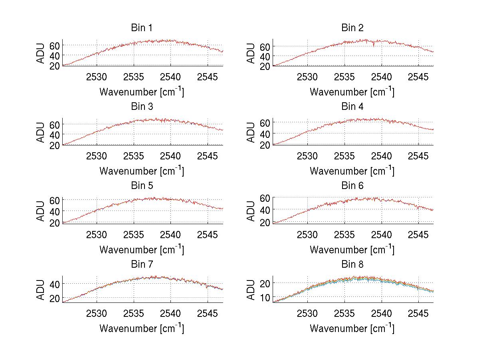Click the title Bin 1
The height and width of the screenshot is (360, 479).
(142, 28)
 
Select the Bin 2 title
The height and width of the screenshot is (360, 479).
(352, 28)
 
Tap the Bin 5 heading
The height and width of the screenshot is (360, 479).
(142, 186)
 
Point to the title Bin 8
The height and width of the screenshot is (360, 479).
(352, 265)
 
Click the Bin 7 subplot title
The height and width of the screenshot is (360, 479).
(142, 265)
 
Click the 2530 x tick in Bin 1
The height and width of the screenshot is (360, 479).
(97, 77)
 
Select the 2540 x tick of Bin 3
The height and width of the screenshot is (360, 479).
(171, 156)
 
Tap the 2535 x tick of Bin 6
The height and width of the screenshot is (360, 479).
(344, 235)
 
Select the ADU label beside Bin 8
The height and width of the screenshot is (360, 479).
(251, 290)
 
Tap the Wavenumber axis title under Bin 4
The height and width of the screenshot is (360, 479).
(352, 171)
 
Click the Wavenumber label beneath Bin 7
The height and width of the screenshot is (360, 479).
(142, 328)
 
